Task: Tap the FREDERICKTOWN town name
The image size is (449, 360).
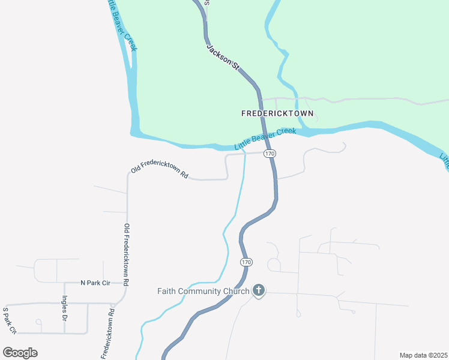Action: pos(277,113)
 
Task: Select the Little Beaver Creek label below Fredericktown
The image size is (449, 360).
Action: pos(265,139)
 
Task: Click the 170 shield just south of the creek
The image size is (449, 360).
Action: pos(270,154)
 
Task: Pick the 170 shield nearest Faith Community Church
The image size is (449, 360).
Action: pos(246,262)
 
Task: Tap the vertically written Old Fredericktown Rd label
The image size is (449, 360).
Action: pos(127,254)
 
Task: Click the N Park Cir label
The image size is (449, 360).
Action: pos(96,283)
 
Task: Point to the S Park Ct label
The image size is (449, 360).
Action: pos(9,320)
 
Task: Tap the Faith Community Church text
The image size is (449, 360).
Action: pos(203,292)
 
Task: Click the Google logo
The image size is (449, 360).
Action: pos(20,353)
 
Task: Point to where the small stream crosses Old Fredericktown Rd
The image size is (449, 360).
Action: pos(244,154)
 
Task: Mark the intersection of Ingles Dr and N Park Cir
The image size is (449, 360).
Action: pos(64,282)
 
